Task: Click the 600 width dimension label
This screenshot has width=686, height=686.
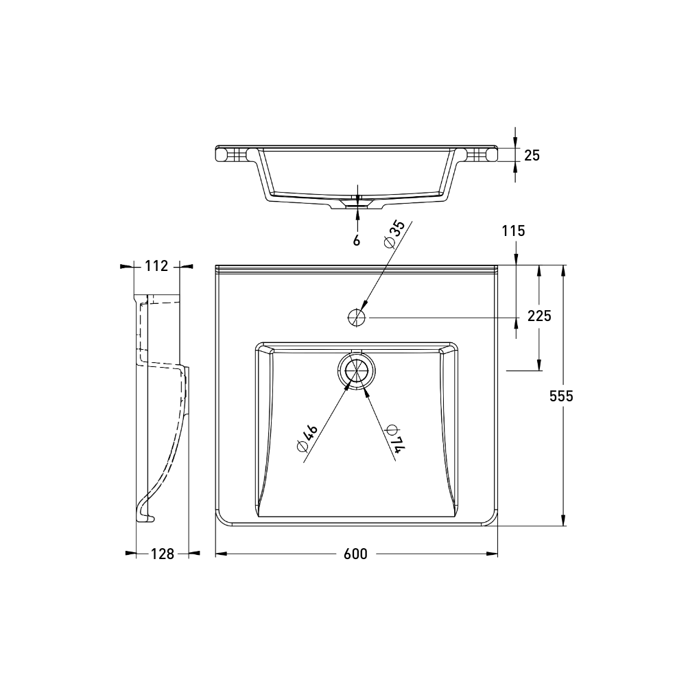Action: pos(356,554)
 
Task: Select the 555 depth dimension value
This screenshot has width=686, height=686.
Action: pos(560,396)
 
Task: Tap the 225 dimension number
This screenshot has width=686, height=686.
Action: pos(539,316)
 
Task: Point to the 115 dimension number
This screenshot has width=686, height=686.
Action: pos(513,231)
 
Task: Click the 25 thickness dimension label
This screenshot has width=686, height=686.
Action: pos(532,155)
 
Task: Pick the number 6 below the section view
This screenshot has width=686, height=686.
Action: pos(357,240)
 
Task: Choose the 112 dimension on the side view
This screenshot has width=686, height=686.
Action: pos(156,266)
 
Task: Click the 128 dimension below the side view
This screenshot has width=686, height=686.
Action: pos(162,554)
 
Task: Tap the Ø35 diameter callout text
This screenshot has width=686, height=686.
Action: pos(396,235)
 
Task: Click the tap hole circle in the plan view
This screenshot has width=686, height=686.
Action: pos(357,317)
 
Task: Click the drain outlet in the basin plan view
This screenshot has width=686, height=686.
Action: pos(357,370)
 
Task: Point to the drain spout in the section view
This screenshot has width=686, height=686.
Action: pos(357,204)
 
